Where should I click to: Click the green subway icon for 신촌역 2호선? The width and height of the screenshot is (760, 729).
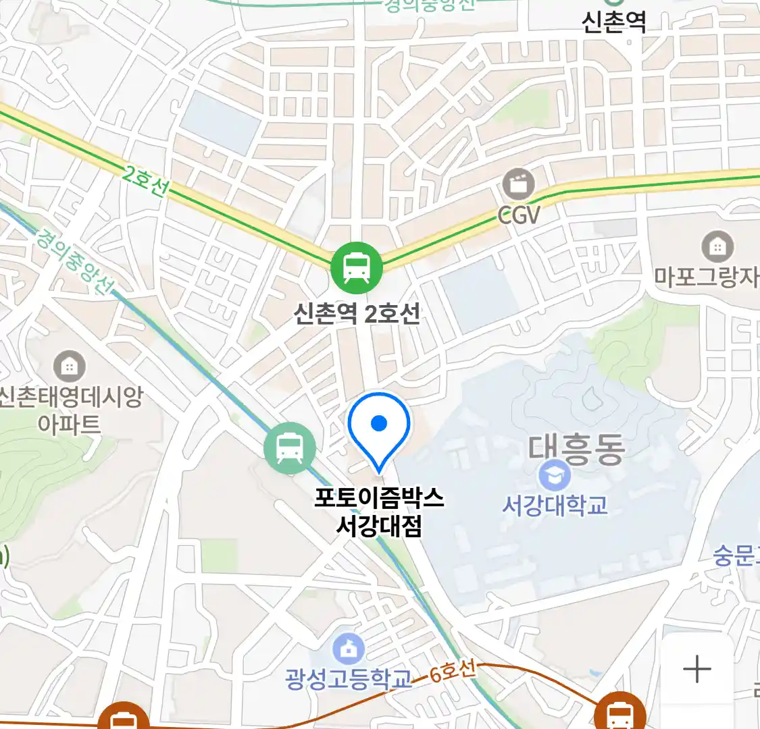[357, 267]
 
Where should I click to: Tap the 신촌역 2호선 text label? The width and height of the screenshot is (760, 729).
[357, 313]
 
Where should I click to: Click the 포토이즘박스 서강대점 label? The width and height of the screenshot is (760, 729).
[379, 512]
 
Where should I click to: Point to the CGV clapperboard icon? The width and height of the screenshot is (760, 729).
[518, 184]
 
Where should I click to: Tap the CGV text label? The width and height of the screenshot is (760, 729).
[519, 215]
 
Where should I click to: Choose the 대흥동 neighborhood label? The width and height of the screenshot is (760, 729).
[576, 449]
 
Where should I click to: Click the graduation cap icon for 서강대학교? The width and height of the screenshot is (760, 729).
[555, 476]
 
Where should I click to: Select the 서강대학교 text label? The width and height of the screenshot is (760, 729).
[555, 505]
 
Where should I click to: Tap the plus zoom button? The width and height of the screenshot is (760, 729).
[696, 670]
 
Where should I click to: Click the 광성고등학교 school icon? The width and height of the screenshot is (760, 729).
[348, 650]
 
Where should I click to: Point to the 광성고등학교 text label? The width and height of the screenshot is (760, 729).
[348, 678]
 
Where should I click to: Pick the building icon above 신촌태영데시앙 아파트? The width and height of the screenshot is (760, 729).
[69, 367]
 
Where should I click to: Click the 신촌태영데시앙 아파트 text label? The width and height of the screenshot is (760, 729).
[70, 410]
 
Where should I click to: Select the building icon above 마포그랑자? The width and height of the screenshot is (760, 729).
[717, 247]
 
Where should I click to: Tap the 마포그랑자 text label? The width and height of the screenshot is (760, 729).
[707, 277]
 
